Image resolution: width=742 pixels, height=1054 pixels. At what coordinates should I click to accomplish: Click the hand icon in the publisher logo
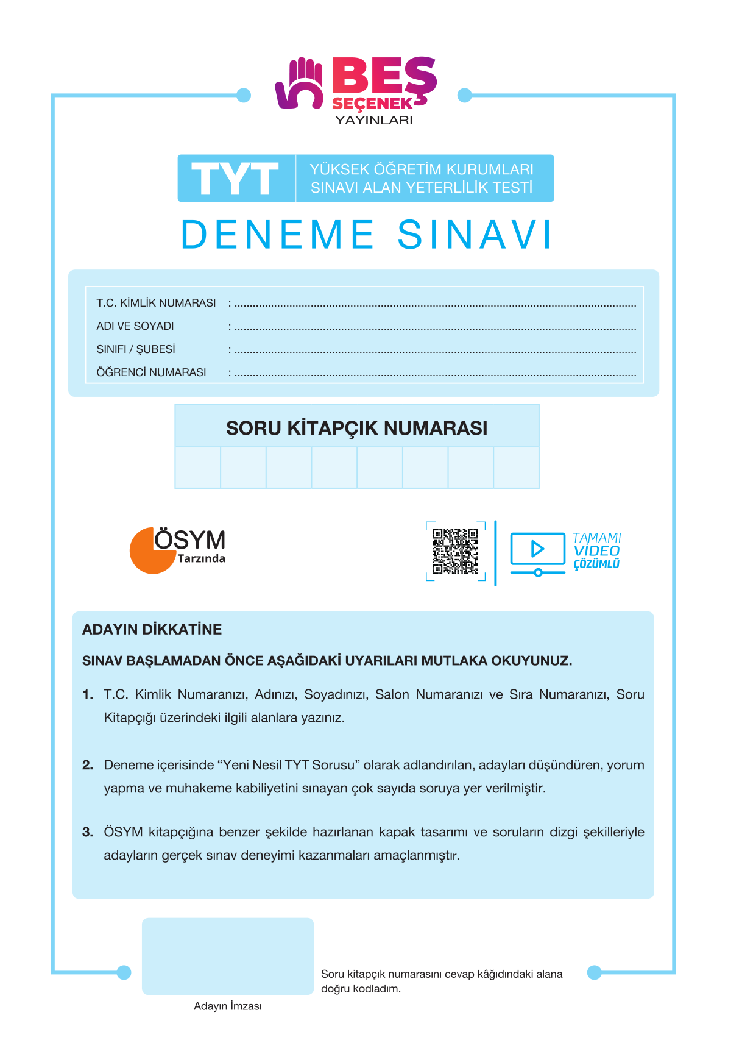[x=300, y=84]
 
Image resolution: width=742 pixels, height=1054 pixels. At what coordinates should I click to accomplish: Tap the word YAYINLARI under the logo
[x=374, y=120]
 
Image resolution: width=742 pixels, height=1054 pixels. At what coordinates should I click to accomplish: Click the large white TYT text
[x=235, y=179]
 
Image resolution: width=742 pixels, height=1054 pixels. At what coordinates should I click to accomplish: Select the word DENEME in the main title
[x=278, y=235]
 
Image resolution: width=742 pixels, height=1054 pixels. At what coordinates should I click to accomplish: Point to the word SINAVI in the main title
[x=475, y=235]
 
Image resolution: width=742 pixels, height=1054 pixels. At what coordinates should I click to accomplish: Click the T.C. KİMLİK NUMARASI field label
[x=156, y=303]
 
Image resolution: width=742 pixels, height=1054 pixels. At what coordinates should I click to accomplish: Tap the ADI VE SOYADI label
[x=135, y=326]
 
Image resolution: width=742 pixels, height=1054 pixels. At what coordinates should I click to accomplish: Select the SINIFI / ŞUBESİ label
[x=136, y=349]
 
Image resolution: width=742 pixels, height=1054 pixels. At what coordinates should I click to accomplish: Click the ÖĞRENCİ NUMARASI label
[x=151, y=372]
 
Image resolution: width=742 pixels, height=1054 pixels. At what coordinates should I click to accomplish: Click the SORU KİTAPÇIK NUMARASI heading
[x=356, y=428]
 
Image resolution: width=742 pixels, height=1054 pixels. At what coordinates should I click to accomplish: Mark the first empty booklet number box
[x=198, y=468]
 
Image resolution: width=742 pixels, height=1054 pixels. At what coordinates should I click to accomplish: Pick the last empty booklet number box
[x=516, y=468]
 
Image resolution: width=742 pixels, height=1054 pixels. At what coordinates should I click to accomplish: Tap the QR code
[x=455, y=551]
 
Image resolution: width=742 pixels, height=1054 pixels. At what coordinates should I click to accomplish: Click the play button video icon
[x=537, y=549]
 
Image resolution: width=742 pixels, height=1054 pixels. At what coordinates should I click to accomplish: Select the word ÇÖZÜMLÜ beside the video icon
[x=596, y=564]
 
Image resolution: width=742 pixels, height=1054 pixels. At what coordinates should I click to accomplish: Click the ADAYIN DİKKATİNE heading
[x=152, y=630]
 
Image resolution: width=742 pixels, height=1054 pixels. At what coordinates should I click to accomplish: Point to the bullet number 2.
[x=88, y=765]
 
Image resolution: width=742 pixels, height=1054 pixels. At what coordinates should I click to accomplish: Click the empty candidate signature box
[x=228, y=956]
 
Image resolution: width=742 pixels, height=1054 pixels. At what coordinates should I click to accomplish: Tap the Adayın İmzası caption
[x=228, y=1006]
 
